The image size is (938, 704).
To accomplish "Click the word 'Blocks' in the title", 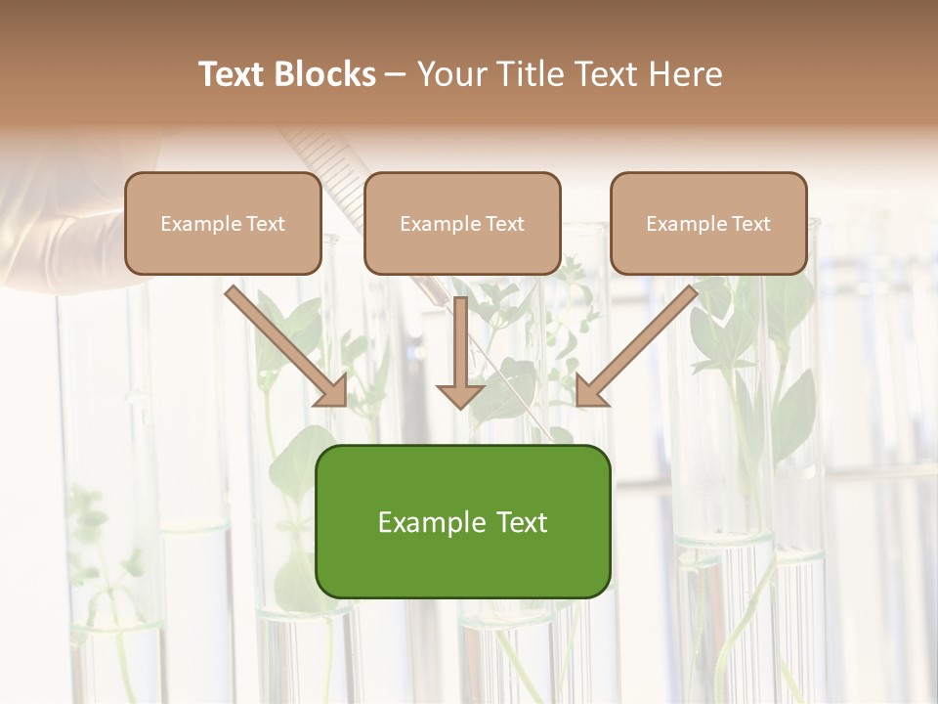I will (x=325, y=74).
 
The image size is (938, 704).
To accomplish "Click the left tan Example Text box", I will (x=223, y=223).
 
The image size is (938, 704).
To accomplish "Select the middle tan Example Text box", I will (x=462, y=223).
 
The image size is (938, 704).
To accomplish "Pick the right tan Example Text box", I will (x=708, y=223).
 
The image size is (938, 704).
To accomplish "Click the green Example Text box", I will (x=462, y=521).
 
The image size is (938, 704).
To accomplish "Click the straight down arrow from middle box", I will (x=460, y=352).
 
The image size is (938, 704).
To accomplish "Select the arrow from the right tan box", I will (x=636, y=346).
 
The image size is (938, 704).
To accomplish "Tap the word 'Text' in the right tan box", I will (x=750, y=224).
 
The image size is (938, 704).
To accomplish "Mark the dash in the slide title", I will (x=396, y=75).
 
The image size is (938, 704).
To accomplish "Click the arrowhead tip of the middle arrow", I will (x=460, y=406).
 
